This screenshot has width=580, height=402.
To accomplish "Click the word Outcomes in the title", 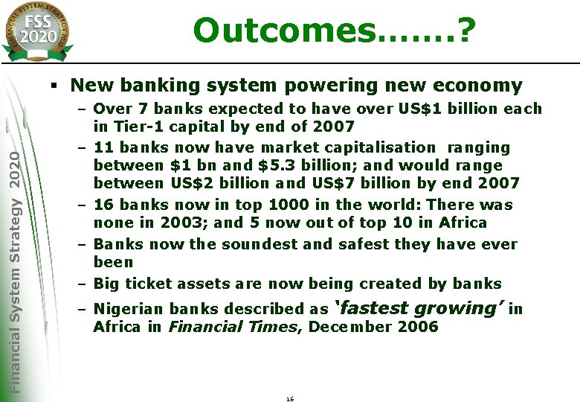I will (x=282, y=31).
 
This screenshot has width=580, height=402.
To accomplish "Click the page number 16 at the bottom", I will (x=290, y=399).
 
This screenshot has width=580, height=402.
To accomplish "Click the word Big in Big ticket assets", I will (x=107, y=283).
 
